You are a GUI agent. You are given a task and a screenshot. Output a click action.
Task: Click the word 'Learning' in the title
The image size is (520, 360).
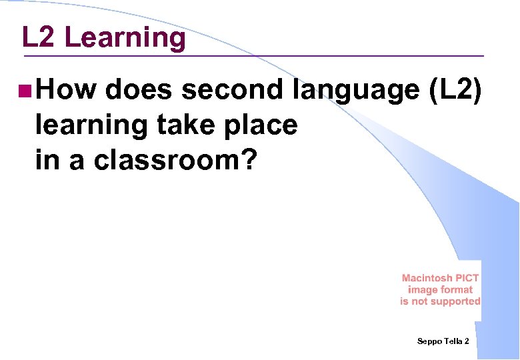tap(125, 39)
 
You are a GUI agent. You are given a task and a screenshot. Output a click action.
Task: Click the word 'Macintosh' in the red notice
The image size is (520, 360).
tap(427, 278)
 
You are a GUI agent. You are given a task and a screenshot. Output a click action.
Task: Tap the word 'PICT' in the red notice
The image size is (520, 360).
tap(467, 278)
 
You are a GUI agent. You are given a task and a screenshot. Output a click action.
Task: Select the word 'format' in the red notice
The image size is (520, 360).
tap(457, 290)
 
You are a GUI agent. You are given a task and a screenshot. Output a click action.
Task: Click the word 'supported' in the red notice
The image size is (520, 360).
tap(456, 301)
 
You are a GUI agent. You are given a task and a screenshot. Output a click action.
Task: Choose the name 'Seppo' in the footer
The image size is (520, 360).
tap(429, 341)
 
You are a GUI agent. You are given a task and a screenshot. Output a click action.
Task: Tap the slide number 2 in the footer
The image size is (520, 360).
tap(467, 341)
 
